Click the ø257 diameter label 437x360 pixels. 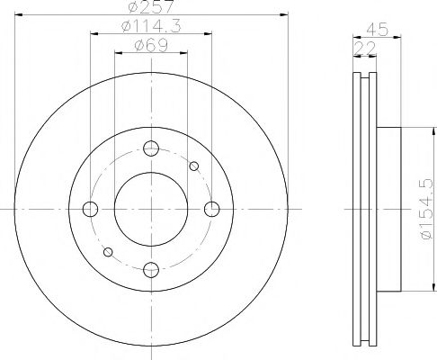[151, 8]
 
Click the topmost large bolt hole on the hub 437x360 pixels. [151, 149]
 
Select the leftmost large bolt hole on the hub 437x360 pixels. [90, 210]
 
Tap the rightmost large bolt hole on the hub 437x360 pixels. [211, 210]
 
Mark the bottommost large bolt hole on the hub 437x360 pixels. [151, 268]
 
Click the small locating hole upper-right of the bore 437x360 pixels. [193, 166]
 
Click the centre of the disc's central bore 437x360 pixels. [151, 209]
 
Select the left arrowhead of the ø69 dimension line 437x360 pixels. [115, 54]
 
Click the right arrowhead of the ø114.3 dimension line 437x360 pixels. [209, 35]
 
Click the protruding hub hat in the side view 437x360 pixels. [388, 209]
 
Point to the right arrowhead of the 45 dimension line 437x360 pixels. [397, 35]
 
